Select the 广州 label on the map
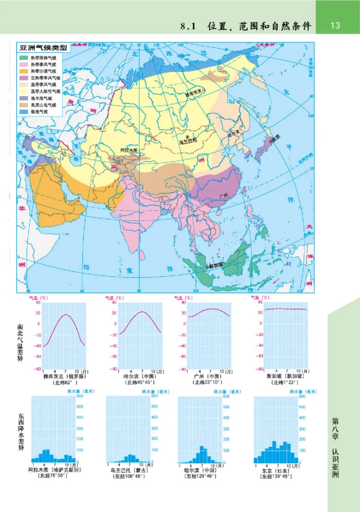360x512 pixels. point(224,195)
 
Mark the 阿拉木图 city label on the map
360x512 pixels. point(129,150)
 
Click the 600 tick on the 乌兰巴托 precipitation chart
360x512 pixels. point(154,396)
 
